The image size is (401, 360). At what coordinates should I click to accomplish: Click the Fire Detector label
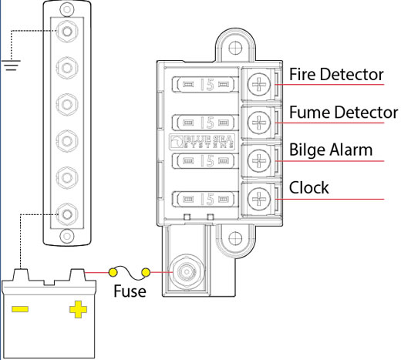[x=336, y=74]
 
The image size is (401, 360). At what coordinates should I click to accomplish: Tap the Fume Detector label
[x=344, y=113]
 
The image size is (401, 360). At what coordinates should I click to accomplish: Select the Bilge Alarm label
[x=331, y=150]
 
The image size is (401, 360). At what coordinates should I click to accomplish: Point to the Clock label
[x=308, y=187]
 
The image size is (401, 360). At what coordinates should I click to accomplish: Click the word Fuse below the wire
[x=130, y=291]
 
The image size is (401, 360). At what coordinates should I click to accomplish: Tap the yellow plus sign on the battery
[x=78, y=309]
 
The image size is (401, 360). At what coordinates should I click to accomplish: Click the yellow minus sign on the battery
[x=20, y=309]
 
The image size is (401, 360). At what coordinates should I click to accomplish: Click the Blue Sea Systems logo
[x=202, y=141]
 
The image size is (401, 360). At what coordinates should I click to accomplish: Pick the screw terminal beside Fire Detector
[x=259, y=84]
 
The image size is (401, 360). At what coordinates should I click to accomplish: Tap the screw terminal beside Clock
[x=259, y=199]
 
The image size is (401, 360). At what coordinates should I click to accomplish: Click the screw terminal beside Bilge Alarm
[x=259, y=160]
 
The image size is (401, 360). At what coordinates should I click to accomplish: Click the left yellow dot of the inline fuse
[x=113, y=272]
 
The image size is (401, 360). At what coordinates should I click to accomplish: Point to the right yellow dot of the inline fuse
[x=146, y=272]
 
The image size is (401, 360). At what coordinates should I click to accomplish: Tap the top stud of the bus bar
[x=67, y=32]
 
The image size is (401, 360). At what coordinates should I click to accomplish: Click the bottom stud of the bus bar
[x=67, y=214]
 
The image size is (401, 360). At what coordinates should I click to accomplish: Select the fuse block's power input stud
[x=187, y=272]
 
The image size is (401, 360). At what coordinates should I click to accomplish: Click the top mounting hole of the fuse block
[x=235, y=48]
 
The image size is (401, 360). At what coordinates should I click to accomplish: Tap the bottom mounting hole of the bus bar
[x=67, y=236]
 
